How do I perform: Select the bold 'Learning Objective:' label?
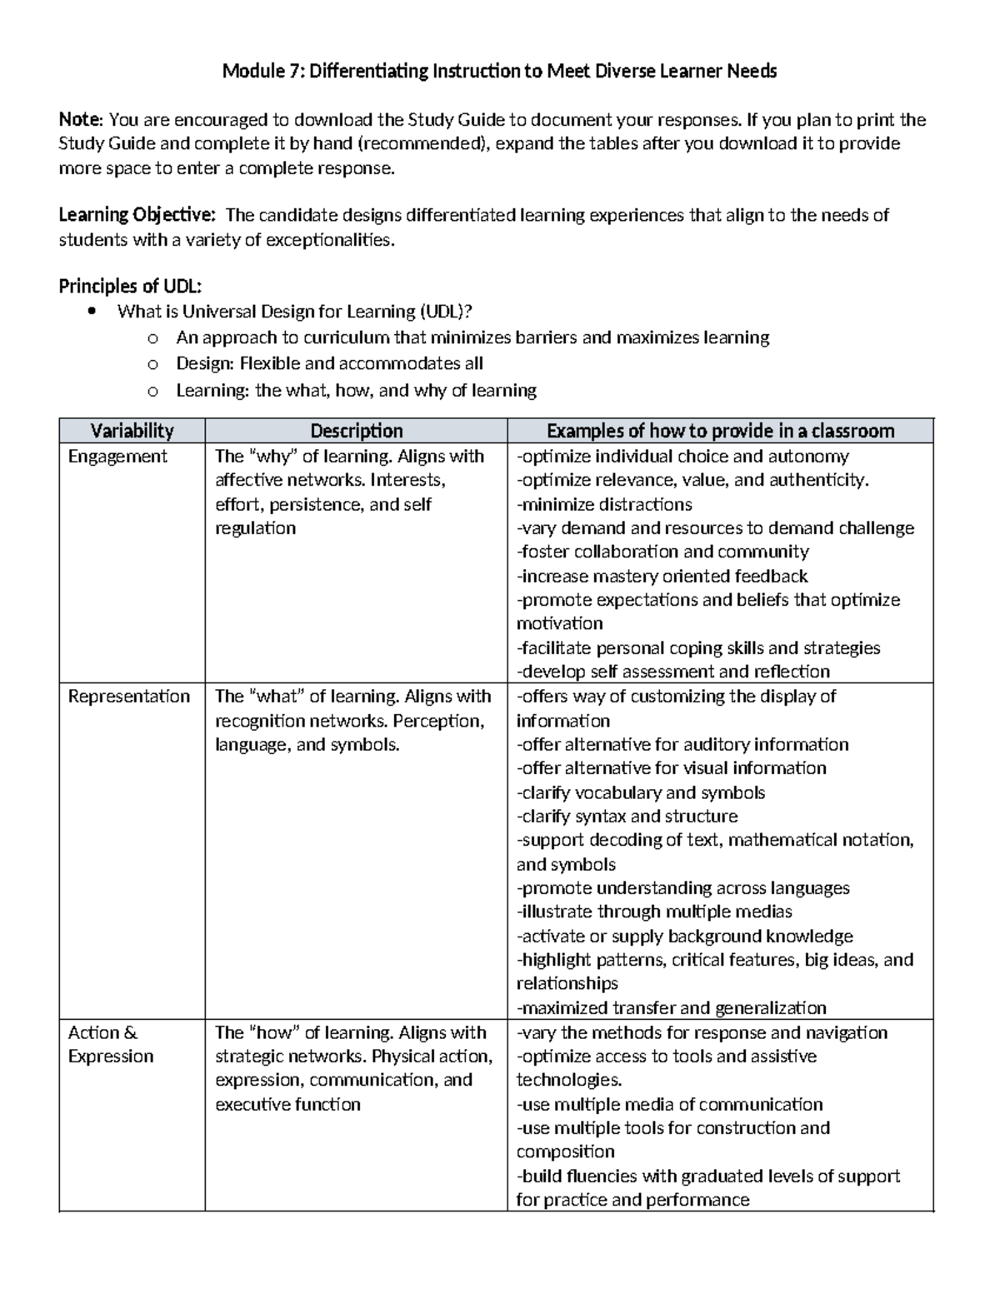point(137,216)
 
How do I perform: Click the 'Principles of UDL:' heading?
point(130,287)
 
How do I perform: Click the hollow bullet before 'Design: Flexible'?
point(151,365)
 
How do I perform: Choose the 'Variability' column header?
point(132,431)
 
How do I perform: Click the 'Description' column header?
point(356,431)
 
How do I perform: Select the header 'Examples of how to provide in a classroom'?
point(720,431)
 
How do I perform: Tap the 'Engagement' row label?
point(117,457)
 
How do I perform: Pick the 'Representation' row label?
point(128,697)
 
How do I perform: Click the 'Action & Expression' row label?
point(110,1045)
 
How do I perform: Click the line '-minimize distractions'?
point(604,505)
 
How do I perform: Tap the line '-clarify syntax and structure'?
point(627,817)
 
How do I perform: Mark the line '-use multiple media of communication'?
point(669,1105)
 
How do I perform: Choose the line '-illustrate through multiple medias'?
point(654,912)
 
